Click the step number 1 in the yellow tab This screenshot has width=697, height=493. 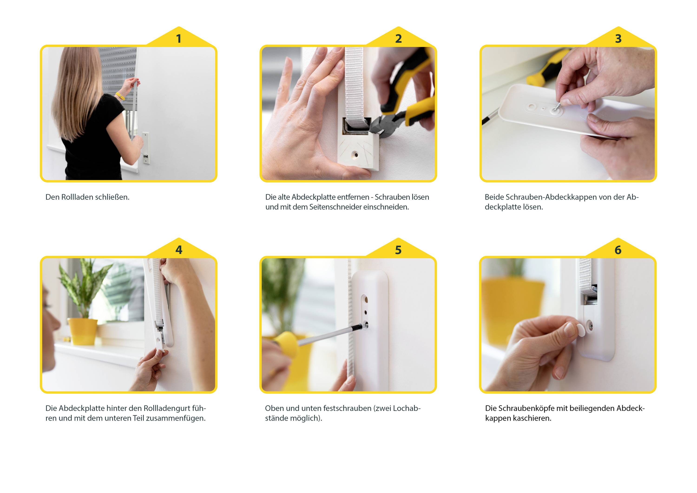pyautogui.click(x=178, y=39)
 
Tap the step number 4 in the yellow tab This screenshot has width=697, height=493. pyautogui.click(x=179, y=250)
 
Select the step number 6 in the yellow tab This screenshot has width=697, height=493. pyautogui.click(x=618, y=250)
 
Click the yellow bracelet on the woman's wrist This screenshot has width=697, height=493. pyautogui.click(x=120, y=96)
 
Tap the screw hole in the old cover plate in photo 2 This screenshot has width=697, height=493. pyautogui.click(x=355, y=155)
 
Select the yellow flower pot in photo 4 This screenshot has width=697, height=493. pyautogui.click(x=82, y=331)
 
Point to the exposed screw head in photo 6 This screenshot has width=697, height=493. pyautogui.click(x=589, y=326)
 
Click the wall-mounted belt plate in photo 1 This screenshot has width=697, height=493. pyautogui.click(x=146, y=148)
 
